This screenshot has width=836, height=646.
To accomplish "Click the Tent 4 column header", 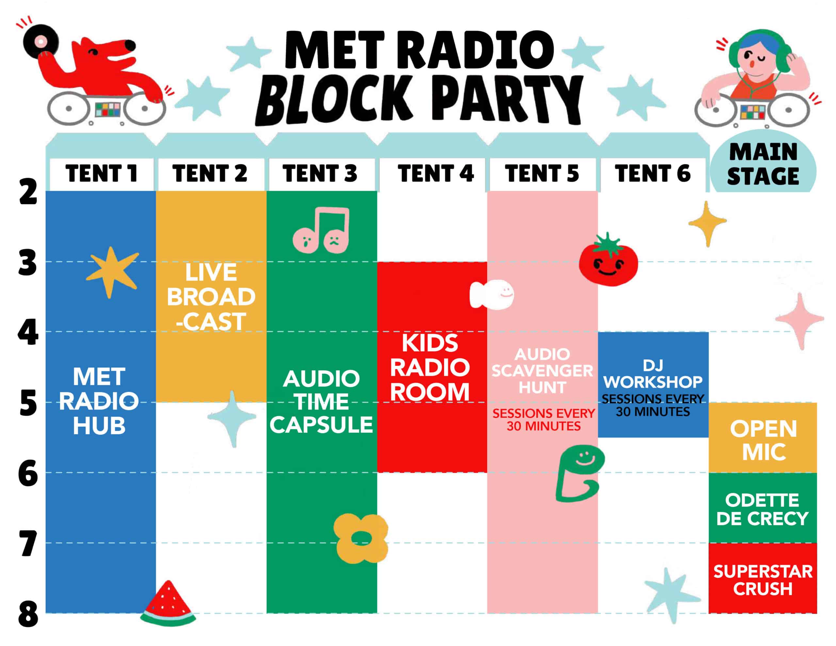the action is (436, 173).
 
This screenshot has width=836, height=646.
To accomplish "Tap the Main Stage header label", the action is (763, 164).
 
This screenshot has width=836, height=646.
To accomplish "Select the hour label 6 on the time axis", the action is (28, 473).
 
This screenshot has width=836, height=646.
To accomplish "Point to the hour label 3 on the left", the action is (27, 263).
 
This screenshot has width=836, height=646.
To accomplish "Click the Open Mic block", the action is (763, 437).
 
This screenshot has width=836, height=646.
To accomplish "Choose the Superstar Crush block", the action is (763, 578).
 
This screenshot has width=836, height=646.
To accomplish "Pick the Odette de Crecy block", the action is (763, 508).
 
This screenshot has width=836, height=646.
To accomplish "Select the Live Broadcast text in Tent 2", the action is (211, 297).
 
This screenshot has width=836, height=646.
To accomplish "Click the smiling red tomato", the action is (608, 260).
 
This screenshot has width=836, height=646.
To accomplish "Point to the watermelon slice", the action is (168, 604).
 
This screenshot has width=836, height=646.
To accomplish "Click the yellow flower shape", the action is (361, 539).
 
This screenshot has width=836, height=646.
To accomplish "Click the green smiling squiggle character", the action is (579, 474).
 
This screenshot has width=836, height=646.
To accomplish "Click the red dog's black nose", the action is (130, 45).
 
